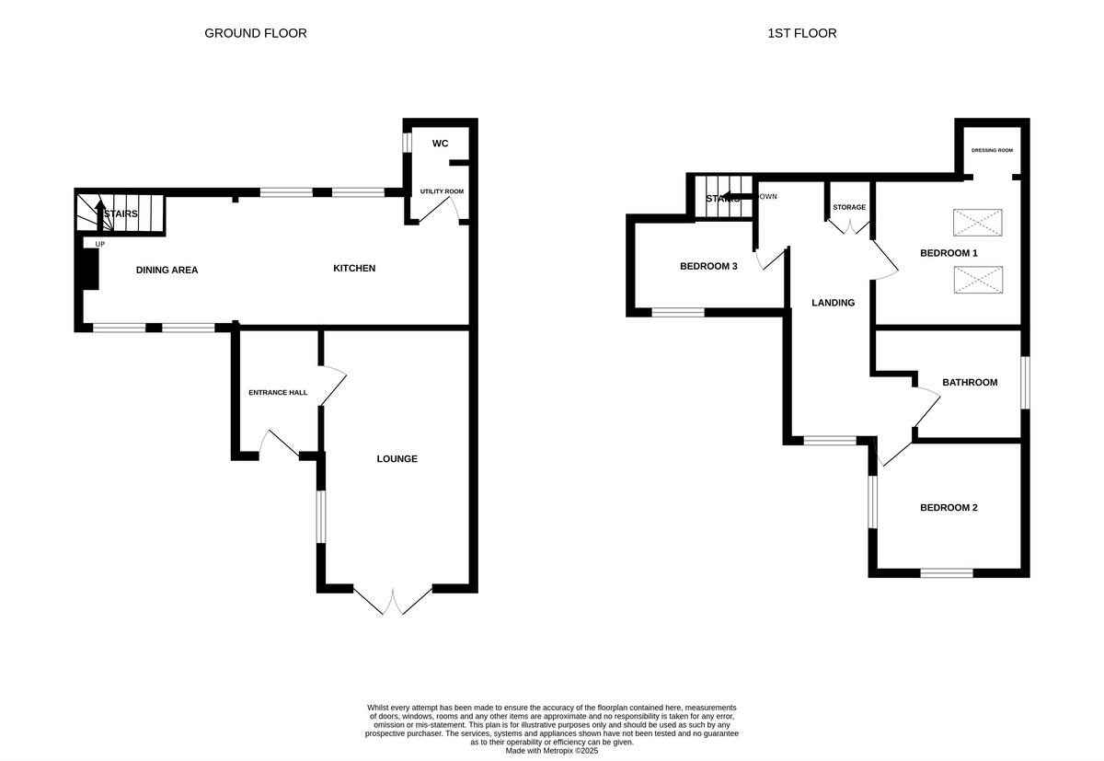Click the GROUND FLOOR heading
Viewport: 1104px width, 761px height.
(255, 33)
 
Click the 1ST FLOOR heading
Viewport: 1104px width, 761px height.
(801, 33)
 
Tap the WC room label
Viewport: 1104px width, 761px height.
(440, 144)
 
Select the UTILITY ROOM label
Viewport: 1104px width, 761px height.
(442, 191)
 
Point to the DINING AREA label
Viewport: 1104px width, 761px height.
(167, 270)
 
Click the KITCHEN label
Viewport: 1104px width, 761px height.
(354, 269)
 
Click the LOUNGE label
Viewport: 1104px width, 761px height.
(397, 458)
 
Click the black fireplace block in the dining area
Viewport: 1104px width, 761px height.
(90, 270)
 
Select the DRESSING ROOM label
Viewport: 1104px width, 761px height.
(992, 150)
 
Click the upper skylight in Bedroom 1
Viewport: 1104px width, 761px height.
(977, 223)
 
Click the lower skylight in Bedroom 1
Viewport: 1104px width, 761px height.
(977, 280)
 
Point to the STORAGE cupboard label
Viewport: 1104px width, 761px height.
(849, 207)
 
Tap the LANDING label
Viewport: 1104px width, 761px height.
(833, 303)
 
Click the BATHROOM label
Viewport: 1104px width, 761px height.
(969, 382)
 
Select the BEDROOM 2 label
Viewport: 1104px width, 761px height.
(949, 507)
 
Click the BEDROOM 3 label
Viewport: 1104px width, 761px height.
(708, 267)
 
